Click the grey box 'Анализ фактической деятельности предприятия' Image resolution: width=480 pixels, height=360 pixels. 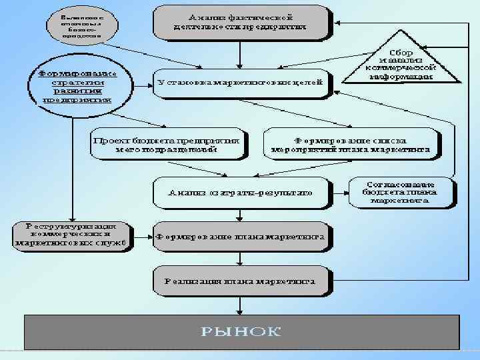pyautogui.click(x=241, y=21)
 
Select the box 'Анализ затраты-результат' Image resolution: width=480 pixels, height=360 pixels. pyautogui.click(x=241, y=192)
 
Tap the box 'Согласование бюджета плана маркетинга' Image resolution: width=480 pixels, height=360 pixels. pyautogui.click(x=401, y=191)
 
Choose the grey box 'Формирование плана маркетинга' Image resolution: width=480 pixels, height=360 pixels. pyautogui.click(x=241, y=236)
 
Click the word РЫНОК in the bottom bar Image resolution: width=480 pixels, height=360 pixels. pyautogui.click(x=242, y=331)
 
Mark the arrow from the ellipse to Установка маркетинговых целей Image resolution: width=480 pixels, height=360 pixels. pyautogui.click(x=141, y=83)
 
